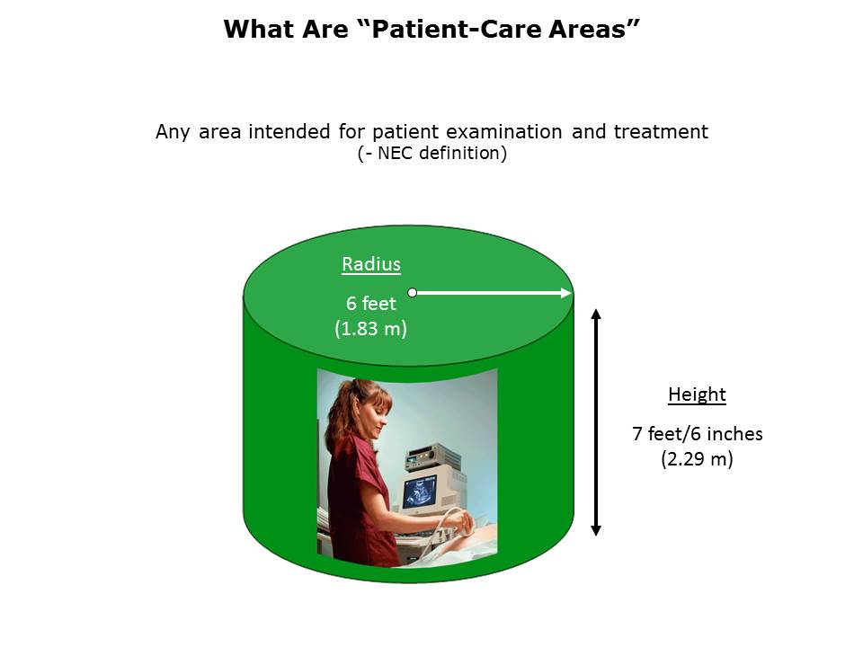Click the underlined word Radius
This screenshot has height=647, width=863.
[371, 264]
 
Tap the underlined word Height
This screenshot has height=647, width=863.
[697, 395]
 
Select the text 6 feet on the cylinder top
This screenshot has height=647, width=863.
[370, 303]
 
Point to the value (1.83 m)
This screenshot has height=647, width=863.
[370, 329]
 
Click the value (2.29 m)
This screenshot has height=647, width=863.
[697, 459]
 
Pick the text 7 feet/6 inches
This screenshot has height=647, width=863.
[698, 433]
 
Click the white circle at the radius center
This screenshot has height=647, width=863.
[413, 293]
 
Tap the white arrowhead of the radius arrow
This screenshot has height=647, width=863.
[565, 293]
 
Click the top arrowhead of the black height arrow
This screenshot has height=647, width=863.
[595, 315]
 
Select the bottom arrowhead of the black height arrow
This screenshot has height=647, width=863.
[595, 530]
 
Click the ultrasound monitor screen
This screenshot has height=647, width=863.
[420, 491]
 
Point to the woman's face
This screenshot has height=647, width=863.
[377, 417]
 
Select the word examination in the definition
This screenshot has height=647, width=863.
[503, 132]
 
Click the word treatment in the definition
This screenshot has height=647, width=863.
[661, 132]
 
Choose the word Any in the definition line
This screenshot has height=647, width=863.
[173, 133]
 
